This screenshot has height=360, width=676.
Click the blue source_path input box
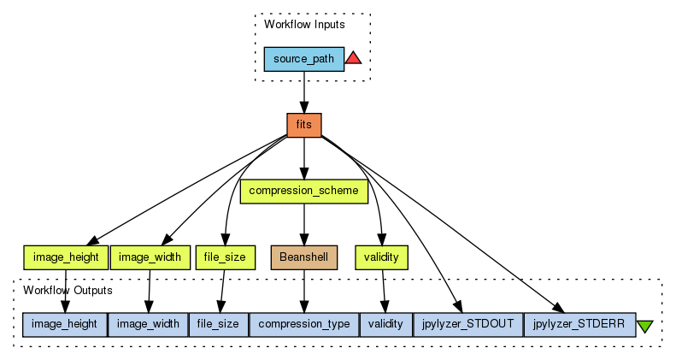(x=303, y=59)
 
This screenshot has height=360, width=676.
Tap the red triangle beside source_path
(x=354, y=58)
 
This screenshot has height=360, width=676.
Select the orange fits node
(x=303, y=125)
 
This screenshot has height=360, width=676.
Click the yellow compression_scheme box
(x=303, y=191)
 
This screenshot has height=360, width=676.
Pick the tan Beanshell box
(x=303, y=257)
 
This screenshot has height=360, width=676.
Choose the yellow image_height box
(x=65, y=257)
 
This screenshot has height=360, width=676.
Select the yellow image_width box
(x=150, y=257)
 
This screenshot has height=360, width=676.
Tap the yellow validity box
(x=381, y=257)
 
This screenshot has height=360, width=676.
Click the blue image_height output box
(x=65, y=324)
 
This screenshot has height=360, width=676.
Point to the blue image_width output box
(x=148, y=324)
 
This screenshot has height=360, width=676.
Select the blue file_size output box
(x=218, y=324)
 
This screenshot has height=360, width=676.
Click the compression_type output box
(x=303, y=324)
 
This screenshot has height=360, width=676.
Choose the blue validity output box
(x=385, y=324)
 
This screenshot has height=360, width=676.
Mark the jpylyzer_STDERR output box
(x=579, y=324)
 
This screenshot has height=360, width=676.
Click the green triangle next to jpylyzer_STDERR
(x=645, y=326)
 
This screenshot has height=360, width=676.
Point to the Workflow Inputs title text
(x=303, y=24)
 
